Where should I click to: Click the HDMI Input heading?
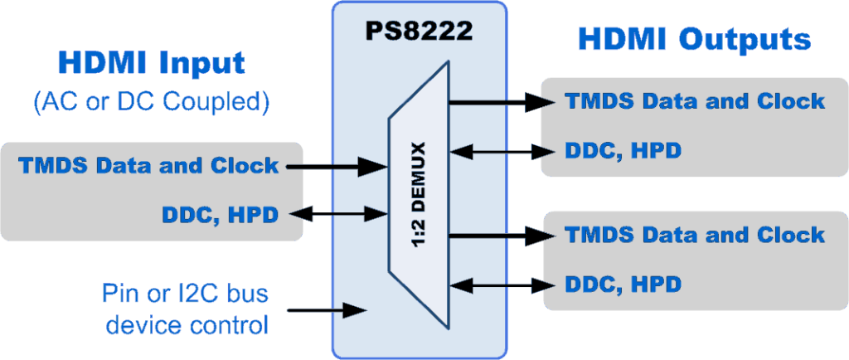(x=151, y=63)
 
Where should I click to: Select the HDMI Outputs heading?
(x=693, y=38)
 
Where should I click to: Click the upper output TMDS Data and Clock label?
(x=695, y=101)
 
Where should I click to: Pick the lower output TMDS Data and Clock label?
(x=695, y=234)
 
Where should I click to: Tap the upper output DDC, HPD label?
(x=623, y=151)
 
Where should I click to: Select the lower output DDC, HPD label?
(x=623, y=284)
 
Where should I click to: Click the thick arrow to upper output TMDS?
(x=502, y=102)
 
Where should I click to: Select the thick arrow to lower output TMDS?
(x=502, y=235)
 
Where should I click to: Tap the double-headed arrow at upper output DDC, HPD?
(x=502, y=152)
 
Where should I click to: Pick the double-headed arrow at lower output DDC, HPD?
(x=502, y=285)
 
